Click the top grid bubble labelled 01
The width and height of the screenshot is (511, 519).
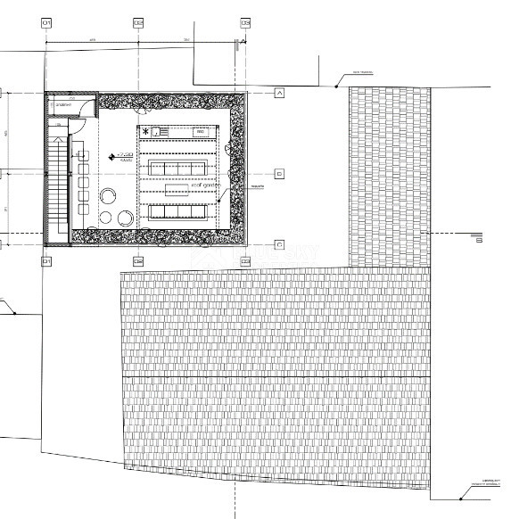(x=45, y=22)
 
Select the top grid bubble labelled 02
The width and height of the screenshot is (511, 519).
(x=137, y=22)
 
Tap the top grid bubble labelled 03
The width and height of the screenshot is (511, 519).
(x=246, y=22)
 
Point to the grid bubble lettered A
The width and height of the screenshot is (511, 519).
(x=279, y=92)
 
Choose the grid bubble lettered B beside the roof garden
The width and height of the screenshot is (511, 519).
(x=279, y=173)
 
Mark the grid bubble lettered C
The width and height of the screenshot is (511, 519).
(x=279, y=243)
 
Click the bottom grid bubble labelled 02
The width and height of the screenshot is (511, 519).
(x=137, y=260)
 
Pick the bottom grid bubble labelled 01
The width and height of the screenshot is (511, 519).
(x=45, y=260)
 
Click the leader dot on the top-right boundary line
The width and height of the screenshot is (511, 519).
(x=336, y=86)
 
